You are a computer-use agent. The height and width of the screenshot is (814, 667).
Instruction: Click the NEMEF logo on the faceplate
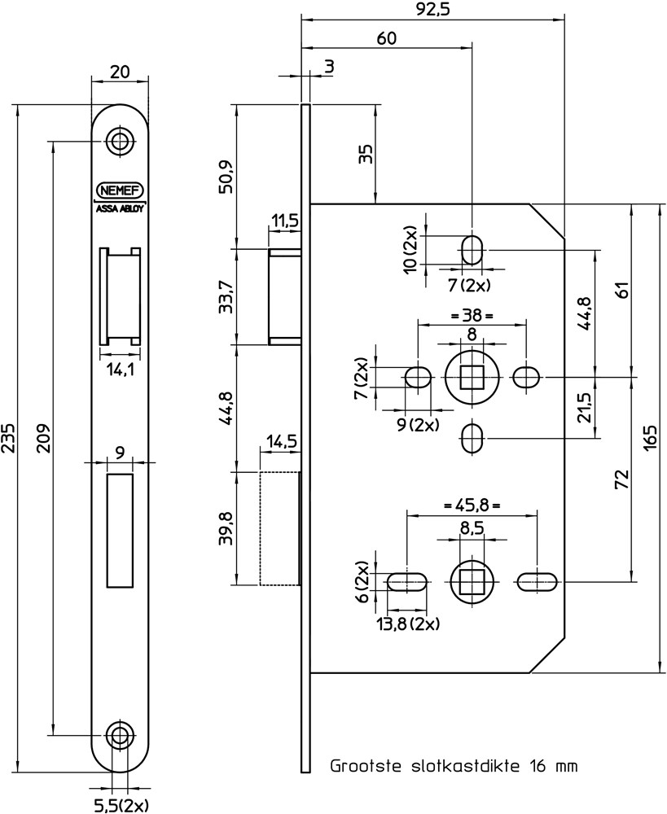[121, 190]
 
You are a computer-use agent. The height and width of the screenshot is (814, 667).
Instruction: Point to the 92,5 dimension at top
[432, 9]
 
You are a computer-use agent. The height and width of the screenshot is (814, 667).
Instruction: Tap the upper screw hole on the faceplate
[121, 141]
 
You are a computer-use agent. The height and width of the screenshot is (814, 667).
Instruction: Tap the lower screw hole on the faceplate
[121, 734]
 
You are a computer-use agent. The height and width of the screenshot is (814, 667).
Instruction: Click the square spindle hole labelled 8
[472, 378]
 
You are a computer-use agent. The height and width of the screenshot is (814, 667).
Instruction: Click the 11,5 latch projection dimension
[284, 220]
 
